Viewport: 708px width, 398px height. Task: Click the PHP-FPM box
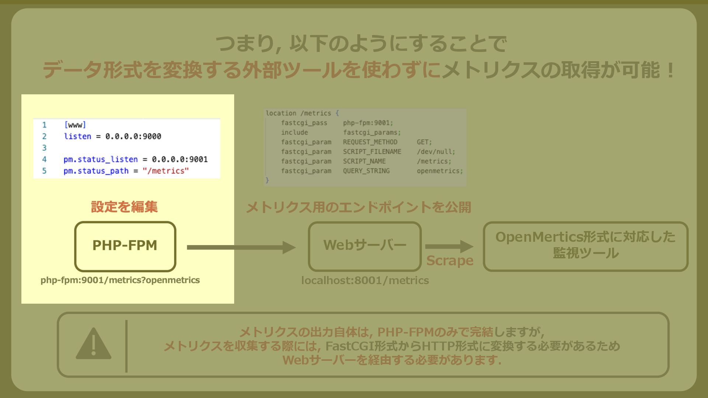click(125, 246)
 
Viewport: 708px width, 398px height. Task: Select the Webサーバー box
click(365, 246)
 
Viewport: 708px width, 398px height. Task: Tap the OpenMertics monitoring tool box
click(585, 246)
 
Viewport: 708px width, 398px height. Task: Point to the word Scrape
click(450, 261)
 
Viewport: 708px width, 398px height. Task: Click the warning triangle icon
click(93, 344)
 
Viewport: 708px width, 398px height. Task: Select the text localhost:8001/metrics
click(365, 280)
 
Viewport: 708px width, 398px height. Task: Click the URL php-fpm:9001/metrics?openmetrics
click(120, 280)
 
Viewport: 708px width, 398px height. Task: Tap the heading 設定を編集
click(124, 207)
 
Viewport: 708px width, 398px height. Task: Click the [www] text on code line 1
click(75, 125)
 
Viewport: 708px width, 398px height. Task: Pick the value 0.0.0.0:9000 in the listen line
click(133, 136)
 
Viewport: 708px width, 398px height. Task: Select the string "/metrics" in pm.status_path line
click(166, 171)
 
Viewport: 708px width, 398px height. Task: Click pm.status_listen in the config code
click(100, 159)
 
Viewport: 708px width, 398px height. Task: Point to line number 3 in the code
click(44, 148)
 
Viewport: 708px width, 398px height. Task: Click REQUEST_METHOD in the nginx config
click(370, 142)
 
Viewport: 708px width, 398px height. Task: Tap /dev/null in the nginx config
click(435, 152)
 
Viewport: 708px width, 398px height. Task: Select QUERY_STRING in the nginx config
click(366, 171)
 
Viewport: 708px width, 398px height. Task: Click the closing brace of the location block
click(267, 180)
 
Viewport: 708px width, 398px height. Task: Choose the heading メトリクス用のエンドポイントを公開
click(358, 207)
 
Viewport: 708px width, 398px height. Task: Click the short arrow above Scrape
click(449, 247)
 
